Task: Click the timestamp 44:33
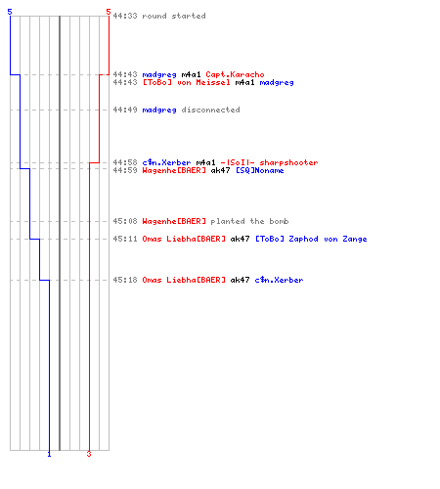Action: [125, 16]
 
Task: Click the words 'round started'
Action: [174, 16]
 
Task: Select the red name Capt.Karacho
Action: [235, 74]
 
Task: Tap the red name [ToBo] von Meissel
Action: [186, 82]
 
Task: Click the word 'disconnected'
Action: [210, 110]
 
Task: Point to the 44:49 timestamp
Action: [125, 110]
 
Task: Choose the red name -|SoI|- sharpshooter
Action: [269, 162]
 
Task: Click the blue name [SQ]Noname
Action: [260, 170]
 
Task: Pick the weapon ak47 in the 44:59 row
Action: [220, 170]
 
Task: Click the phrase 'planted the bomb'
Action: [249, 221]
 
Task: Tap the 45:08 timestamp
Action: [125, 221]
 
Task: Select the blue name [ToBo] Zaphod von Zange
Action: [311, 239]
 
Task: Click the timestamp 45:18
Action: [125, 280]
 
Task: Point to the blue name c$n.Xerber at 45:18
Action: [279, 280]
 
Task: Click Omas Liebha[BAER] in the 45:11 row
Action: [184, 239]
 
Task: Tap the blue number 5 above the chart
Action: [10, 12]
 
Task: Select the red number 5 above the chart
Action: [109, 12]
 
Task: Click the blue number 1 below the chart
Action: [49, 454]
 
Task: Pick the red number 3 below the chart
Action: [89, 454]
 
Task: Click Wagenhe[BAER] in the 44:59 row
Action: [174, 170]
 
